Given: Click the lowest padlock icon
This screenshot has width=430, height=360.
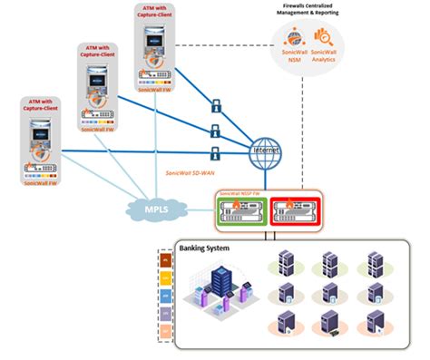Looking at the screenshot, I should coord(215,151).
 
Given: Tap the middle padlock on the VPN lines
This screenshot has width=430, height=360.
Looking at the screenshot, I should coord(215,129).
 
